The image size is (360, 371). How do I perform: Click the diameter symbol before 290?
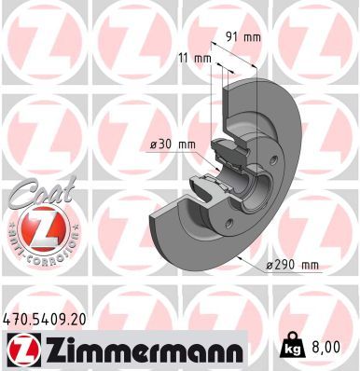coord(268,266)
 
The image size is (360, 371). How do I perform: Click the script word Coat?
coord(34,196)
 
